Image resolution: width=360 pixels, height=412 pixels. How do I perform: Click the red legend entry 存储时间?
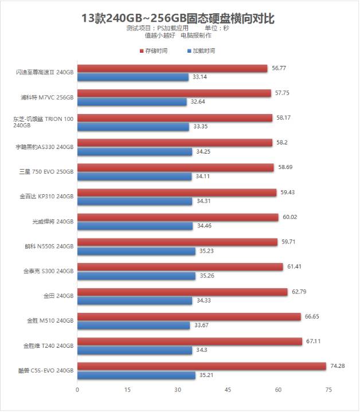click(x=153, y=51)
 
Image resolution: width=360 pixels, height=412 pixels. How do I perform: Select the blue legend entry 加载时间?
click(x=201, y=51)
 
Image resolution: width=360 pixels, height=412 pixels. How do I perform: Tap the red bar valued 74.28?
click(x=202, y=366)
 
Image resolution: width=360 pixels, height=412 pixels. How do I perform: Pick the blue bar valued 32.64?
click(x=132, y=101)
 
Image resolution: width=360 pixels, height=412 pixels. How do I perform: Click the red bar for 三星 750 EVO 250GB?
click(x=175, y=167)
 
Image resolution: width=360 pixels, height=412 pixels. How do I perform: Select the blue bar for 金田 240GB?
click(x=135, y=300)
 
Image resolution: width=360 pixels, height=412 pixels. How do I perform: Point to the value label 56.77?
click(x=279, y=68)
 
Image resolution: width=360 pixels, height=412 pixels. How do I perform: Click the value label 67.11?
click(x=314, y=342)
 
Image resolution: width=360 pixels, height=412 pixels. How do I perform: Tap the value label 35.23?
click(x=206, y=251)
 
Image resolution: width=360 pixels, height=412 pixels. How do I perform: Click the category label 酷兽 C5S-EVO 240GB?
click(x=46, y=371)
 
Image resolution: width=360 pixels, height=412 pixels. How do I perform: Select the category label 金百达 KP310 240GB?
click(x=46, y=197)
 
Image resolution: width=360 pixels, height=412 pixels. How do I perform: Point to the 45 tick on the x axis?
click(x=228, y=390)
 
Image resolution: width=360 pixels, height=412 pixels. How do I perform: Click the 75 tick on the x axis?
click(x=328, y=390)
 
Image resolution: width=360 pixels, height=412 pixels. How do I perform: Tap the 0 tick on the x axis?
click(x=77, y=390)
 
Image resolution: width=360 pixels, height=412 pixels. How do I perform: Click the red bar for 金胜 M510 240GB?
click(x=189, y=317)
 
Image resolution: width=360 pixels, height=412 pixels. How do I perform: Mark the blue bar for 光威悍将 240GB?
click(x=135, y=226)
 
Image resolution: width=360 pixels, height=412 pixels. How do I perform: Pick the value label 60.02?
click(x=290, y=217)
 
